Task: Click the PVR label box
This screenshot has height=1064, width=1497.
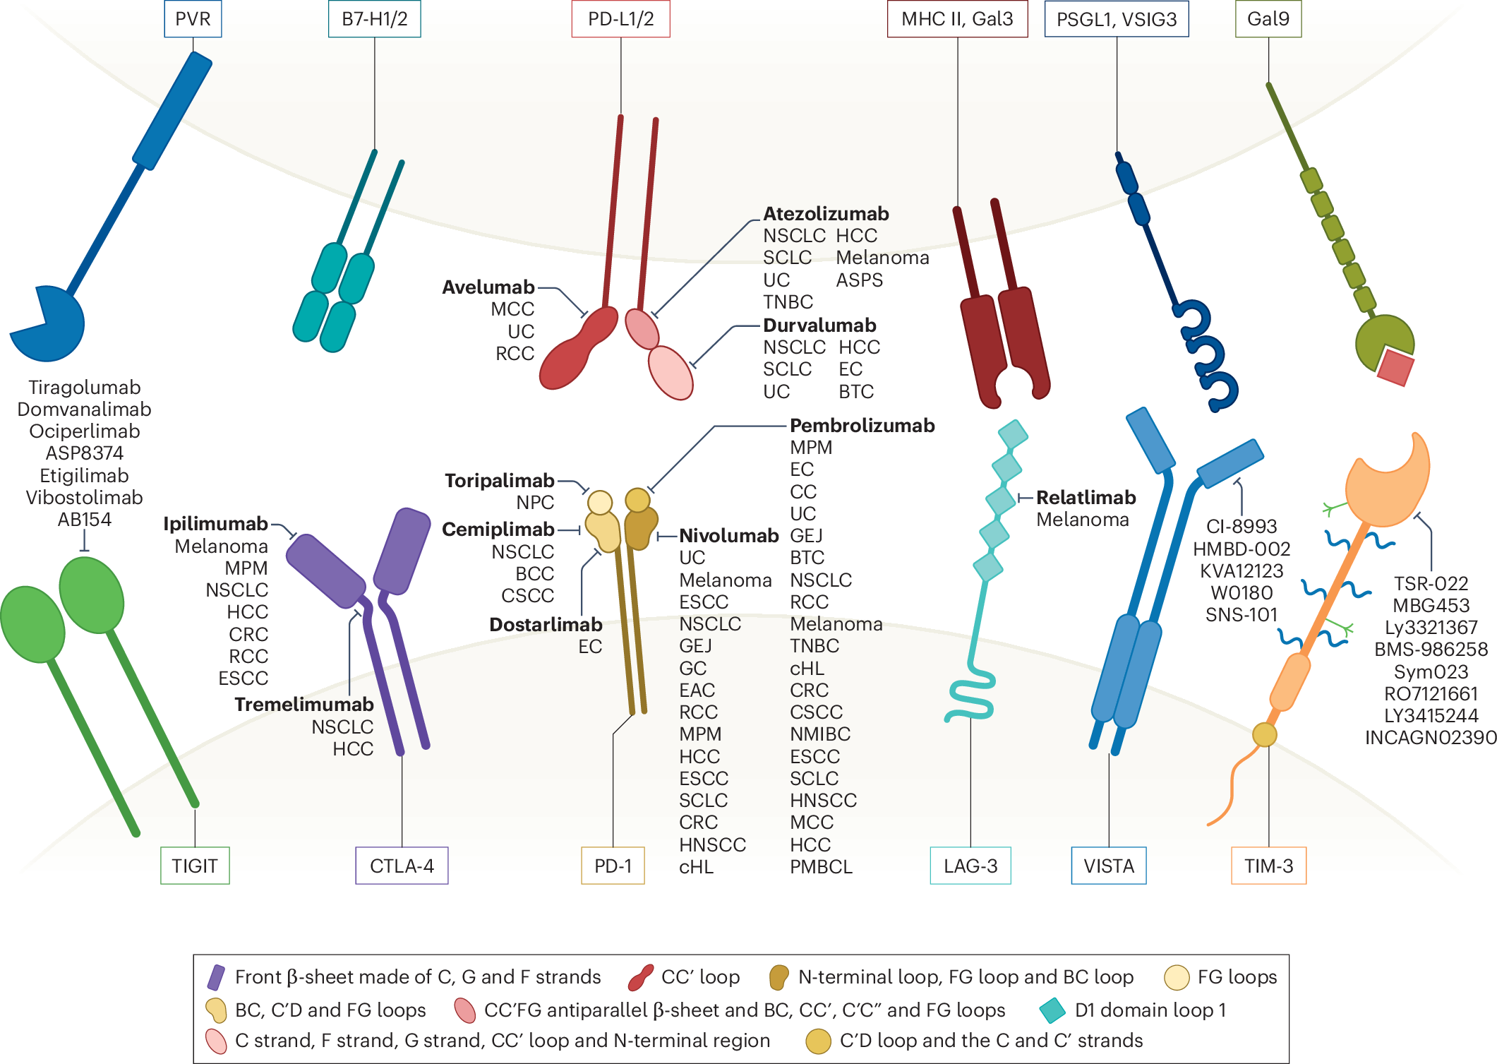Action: point(193,19)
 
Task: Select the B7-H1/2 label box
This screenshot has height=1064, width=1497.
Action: point(374,19)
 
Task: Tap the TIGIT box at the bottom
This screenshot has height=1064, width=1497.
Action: point(195,866)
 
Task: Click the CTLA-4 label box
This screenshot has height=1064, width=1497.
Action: point(402,866)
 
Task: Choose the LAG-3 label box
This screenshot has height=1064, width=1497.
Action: point(970,866)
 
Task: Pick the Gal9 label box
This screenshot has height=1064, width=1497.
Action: point(1268,19)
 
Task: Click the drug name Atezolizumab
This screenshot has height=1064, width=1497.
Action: point(826,214)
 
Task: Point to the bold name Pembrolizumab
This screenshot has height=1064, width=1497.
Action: point(862,426)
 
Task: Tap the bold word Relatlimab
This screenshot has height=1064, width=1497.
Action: point(1086,498)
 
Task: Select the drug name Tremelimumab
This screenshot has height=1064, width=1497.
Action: point(304,705)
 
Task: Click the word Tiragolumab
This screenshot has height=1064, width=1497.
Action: point(85,388)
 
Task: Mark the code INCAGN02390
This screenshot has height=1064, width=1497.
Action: point(1430,738)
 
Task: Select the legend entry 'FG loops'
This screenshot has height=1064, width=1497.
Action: point(1237,977)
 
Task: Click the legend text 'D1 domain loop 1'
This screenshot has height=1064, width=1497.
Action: point(1150,1010)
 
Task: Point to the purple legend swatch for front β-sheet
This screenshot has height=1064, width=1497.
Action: point(216,977)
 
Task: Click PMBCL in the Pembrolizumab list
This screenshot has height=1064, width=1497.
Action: point(821,867)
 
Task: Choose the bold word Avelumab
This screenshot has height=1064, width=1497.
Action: point(488,287)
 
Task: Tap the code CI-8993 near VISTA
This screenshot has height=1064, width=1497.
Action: point(1242,527)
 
